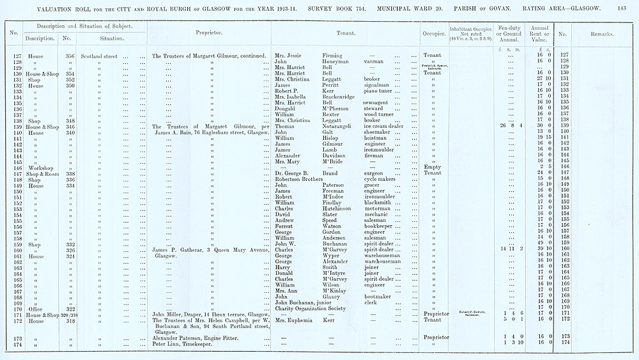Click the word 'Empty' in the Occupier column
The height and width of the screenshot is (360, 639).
433,167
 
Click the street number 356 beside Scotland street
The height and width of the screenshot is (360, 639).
70,56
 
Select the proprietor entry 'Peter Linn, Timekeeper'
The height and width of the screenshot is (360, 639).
183,343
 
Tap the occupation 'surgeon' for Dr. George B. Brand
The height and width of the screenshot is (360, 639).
375,173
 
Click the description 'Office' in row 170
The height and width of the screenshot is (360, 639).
36,308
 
